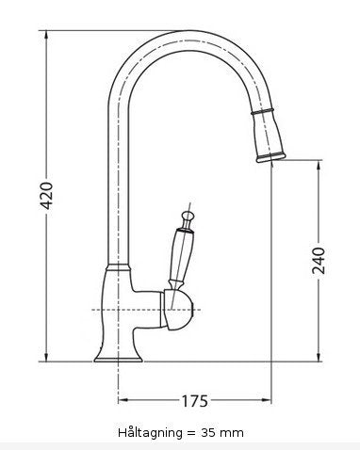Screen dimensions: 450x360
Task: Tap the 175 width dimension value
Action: pyautogui.click(x=193, y=403)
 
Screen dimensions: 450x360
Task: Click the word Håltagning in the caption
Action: pyautogui.click(x=151, y=432)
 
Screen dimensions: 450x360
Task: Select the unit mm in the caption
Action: pyautogui.click(x=235, y=432)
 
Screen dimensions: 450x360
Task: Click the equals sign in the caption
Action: pyautogui.click(x=192, y=432)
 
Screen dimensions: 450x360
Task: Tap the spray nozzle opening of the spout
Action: pyautogui.click(x=269, y=157)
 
